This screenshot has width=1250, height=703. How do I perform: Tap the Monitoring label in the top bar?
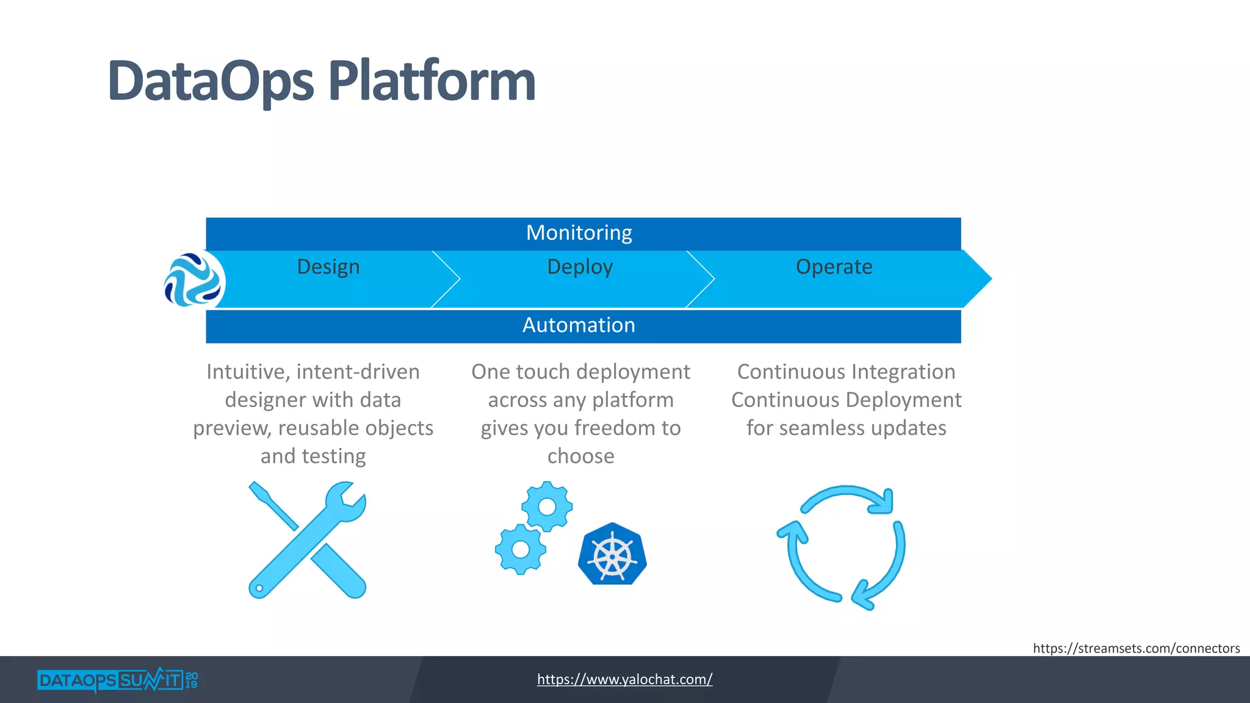579,233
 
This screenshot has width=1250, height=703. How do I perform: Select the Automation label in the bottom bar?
579,325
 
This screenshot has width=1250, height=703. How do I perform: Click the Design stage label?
328,267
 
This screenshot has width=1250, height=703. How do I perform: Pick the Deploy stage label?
579,267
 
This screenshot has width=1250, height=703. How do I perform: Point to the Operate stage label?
834,267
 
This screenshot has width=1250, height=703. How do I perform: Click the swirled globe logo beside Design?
193,279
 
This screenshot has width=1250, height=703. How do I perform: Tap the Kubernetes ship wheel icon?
612,555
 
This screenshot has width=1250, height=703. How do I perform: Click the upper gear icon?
547,507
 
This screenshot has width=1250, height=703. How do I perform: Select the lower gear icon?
520,549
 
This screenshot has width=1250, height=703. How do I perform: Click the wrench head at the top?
345,502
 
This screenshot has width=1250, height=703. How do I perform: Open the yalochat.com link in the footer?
624,679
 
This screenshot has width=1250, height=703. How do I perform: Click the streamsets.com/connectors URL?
1136,648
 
